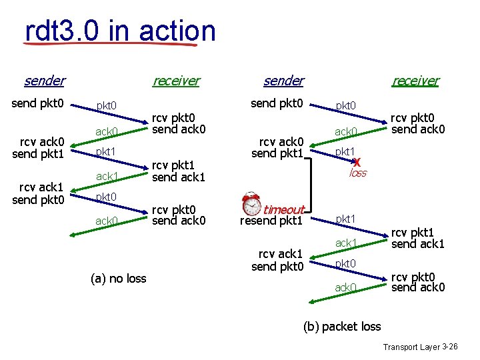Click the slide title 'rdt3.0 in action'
[120, 31]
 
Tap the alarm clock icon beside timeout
[251, 203]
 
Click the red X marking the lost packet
[358, 162]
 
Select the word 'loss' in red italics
[358, 173]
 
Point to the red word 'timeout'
[284, 209]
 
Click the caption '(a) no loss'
[118, 278]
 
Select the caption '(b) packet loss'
[342, 326]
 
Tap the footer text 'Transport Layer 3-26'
[420, 347]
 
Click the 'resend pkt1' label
[271, 221]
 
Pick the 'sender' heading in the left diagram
[44, 81]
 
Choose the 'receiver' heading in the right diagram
[415, 81]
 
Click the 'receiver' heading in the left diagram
[175, 81]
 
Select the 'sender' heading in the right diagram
[283, 81]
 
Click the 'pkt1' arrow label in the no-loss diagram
[106, 152]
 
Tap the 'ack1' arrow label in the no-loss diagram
[107, 176]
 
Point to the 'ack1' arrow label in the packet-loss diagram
[346, 243]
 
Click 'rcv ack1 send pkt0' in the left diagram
[38, 193]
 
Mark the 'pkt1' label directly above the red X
[345, 152]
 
